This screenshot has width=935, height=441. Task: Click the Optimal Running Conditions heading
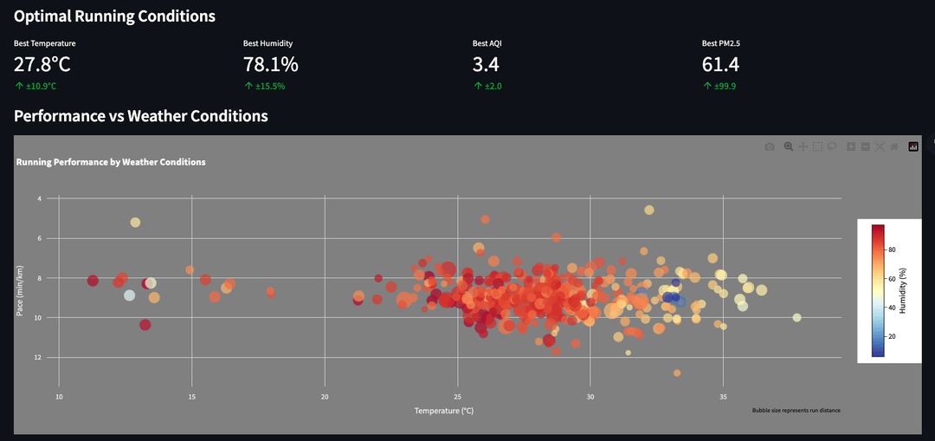(114, 16)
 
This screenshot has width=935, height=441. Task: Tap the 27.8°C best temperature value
(42, 64)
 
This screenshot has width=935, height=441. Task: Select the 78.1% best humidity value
(270, 64)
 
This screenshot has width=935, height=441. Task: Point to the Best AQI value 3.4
(486, 64)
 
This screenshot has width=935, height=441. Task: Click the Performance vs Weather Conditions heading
(141, 115)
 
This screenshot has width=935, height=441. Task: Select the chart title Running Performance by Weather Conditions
(111, 162)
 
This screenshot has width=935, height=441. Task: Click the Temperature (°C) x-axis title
(444, 410)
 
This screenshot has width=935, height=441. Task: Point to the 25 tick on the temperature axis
(457, 397)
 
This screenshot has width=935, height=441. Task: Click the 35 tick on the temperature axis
(723, 397)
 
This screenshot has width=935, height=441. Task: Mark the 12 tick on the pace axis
(39, 357)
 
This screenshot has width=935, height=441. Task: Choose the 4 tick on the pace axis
(39, 198)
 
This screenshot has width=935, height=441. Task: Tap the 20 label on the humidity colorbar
(891, 336)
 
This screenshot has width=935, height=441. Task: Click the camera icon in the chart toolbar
(770, 147)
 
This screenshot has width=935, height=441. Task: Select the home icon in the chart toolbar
(894, 147)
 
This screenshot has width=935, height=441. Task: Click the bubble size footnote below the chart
(796, 410)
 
